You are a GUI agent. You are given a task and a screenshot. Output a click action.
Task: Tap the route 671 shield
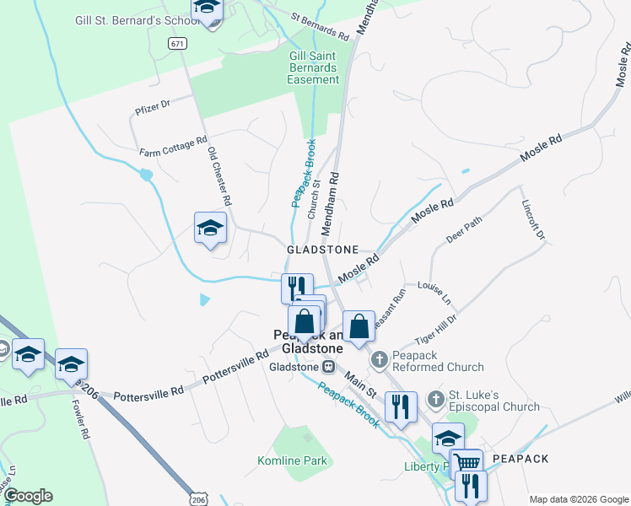[176, 43]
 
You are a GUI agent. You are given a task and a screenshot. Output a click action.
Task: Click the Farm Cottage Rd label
[173, 147]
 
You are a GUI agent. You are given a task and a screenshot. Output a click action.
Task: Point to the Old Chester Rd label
[218, 176]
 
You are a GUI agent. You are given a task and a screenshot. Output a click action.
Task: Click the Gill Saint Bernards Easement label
[313, 67]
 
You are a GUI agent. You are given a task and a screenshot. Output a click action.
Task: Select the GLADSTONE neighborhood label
[323, 250]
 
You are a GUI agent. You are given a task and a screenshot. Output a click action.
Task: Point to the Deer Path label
[464, 229]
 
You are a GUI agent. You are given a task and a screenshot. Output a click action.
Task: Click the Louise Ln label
[434, 293]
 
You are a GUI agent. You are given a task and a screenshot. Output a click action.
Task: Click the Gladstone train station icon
[328, 367]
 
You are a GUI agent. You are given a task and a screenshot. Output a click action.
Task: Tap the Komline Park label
[292, 460]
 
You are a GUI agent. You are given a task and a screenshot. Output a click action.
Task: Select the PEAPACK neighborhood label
[520, 458]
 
